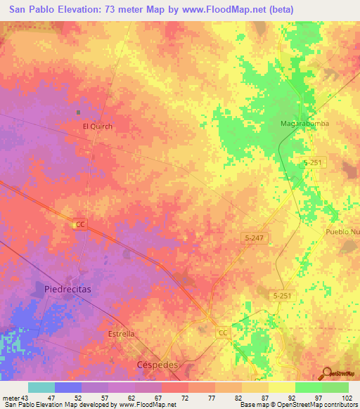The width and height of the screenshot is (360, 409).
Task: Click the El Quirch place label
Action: [x=98, y=126]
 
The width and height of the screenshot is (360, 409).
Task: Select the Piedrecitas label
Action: [x=68, y=289]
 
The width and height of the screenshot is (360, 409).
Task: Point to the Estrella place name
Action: [x=121, y=334]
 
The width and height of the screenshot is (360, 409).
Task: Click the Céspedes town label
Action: [x=156, y=365]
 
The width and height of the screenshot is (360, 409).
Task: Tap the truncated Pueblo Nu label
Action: [x=342, y=232]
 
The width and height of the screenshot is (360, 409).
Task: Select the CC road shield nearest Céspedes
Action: [x=222, y=332]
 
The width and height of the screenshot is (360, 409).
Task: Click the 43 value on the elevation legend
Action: [x=26, y=397]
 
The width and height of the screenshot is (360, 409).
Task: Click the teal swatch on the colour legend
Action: [x=41, y=387]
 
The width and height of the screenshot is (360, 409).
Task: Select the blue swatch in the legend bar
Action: [x=68, y=387]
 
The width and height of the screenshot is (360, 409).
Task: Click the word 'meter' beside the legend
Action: [x=11, y=397]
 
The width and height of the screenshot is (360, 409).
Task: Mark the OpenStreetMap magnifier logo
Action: [x=325, y=372]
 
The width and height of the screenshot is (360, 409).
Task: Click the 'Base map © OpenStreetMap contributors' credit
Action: [x=297, y=405]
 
